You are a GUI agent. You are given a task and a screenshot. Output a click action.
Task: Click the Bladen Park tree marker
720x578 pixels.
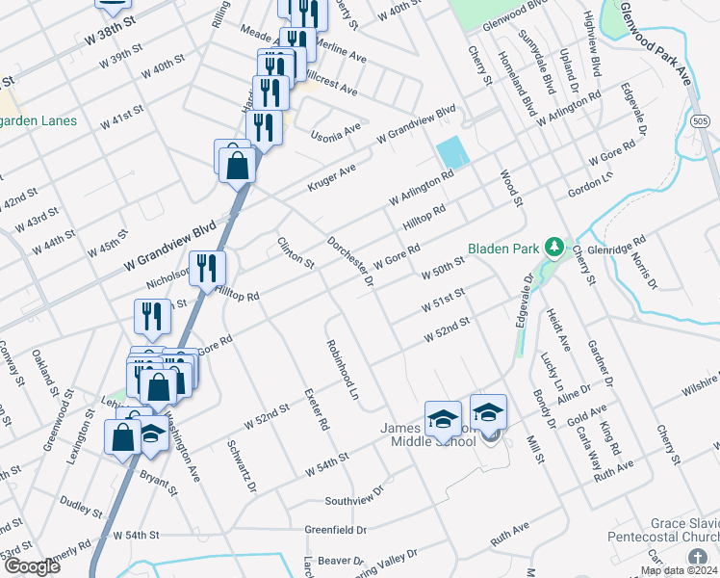pos(553,249)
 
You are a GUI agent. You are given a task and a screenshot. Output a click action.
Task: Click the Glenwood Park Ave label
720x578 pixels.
pos(663,44)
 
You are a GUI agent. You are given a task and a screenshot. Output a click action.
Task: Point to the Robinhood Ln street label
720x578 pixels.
pos(341,369)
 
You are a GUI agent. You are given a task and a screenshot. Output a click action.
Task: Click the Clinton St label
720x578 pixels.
pos(296,252)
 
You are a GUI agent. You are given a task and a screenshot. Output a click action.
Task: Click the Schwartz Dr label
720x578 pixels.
pos(241,466)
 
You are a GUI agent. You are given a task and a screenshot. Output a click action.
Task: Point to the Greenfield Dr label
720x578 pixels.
pos(336,530)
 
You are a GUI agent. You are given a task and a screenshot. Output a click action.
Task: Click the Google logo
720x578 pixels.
pos(32,567)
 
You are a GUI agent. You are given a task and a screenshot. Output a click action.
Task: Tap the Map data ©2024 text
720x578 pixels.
pos(679,570)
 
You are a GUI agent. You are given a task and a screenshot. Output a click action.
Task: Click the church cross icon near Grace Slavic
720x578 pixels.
pos(698,558)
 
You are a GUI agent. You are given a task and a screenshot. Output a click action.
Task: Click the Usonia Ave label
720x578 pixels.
pos(336,127)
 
